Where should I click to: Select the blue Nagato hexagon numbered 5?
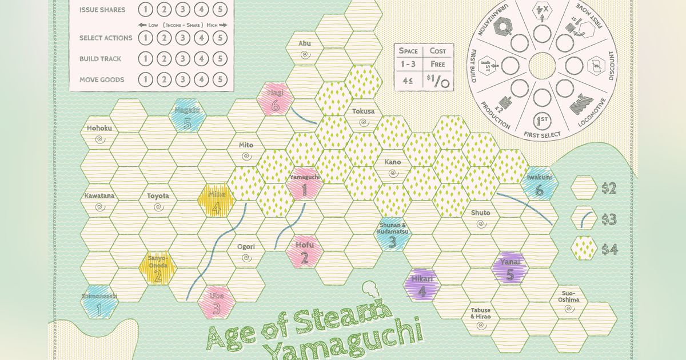187,116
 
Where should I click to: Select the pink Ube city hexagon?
216,301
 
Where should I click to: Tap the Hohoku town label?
99,128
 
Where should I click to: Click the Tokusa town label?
364,111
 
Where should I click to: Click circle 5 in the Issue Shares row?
220,9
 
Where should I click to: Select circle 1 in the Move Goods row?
145,79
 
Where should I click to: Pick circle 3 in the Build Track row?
182,59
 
